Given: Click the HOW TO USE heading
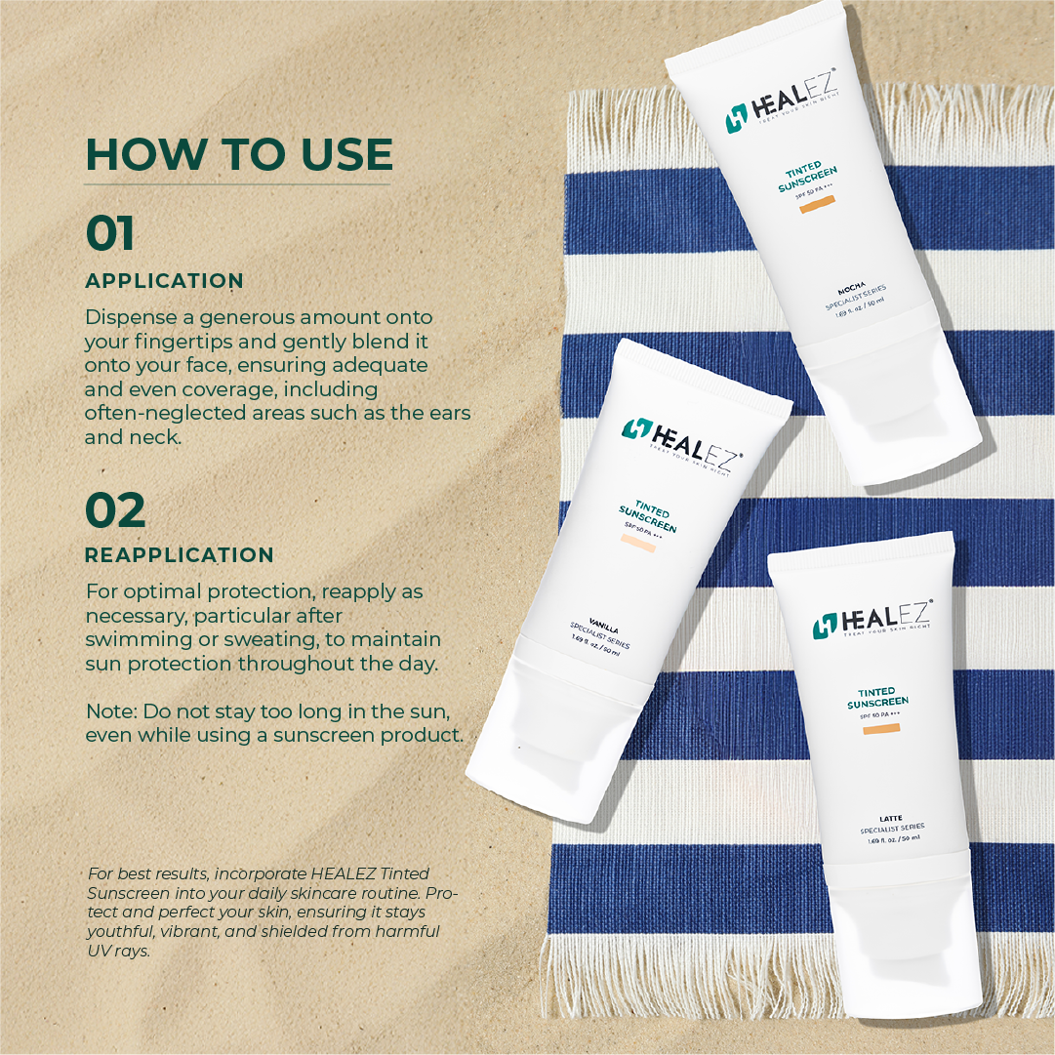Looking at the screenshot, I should click(x=239, y=154).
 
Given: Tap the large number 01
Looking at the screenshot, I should click(x=110, y=234).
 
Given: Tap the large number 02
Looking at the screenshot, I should click(x=115, y=509).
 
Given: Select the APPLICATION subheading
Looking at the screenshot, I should click(x=164, y=281).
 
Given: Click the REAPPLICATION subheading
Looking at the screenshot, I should click(x=179, y=555).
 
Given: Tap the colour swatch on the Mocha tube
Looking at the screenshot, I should click(x=817, y=206).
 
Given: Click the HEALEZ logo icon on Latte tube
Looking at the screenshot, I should click(x=827, y=626).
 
